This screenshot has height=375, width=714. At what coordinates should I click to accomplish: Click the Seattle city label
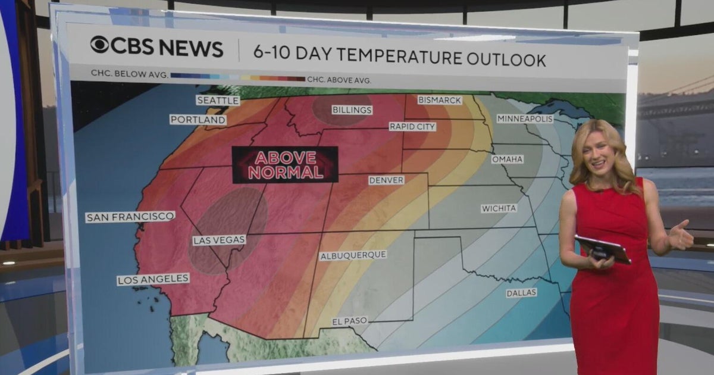pyautogui.click(x=218, y=101)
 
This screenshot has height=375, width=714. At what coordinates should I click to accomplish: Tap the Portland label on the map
pyautogui.click(x=198, y=120)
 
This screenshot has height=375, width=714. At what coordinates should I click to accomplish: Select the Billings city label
pyautogui.click(x=352, y=110)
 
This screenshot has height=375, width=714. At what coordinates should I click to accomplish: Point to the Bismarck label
pyautogui.click(x=439, y=100)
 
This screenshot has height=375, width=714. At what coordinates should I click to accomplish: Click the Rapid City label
pyautogui.click(x=412, y=127)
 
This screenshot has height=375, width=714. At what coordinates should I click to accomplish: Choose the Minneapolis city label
pyautogui.click(x=525, y=118)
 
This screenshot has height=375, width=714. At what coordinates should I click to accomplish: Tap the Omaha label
pyautogui.click(x=507, y=160)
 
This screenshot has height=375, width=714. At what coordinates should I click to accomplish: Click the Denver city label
pyautogui.click(x=386, y=180)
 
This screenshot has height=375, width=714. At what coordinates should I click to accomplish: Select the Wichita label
pyautogui.click(x=499, y=208)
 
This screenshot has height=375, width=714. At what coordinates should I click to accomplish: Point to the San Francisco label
pyautogui.click(x=130, y=217)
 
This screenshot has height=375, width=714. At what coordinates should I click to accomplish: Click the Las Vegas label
pyautogui.click(x=219, y=240)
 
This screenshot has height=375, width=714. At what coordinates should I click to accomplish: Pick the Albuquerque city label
pyautogui.click(x=353, y=255)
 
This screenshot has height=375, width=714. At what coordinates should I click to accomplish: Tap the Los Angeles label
pyautogui.click(x=153, y=279)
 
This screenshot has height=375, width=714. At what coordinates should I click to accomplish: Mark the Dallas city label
pyautogui.click(x=521, y=293)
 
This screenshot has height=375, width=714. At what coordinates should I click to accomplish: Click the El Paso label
pyautogui.click(x=350, y=321)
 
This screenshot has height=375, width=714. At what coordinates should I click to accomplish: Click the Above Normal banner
pyautogui.click(x=285, y=165)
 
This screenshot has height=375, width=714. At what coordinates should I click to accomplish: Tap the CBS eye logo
pyautogui.click(x=99, y=45)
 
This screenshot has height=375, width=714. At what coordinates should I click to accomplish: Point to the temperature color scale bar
pyautogui.click(x=237, y=77)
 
